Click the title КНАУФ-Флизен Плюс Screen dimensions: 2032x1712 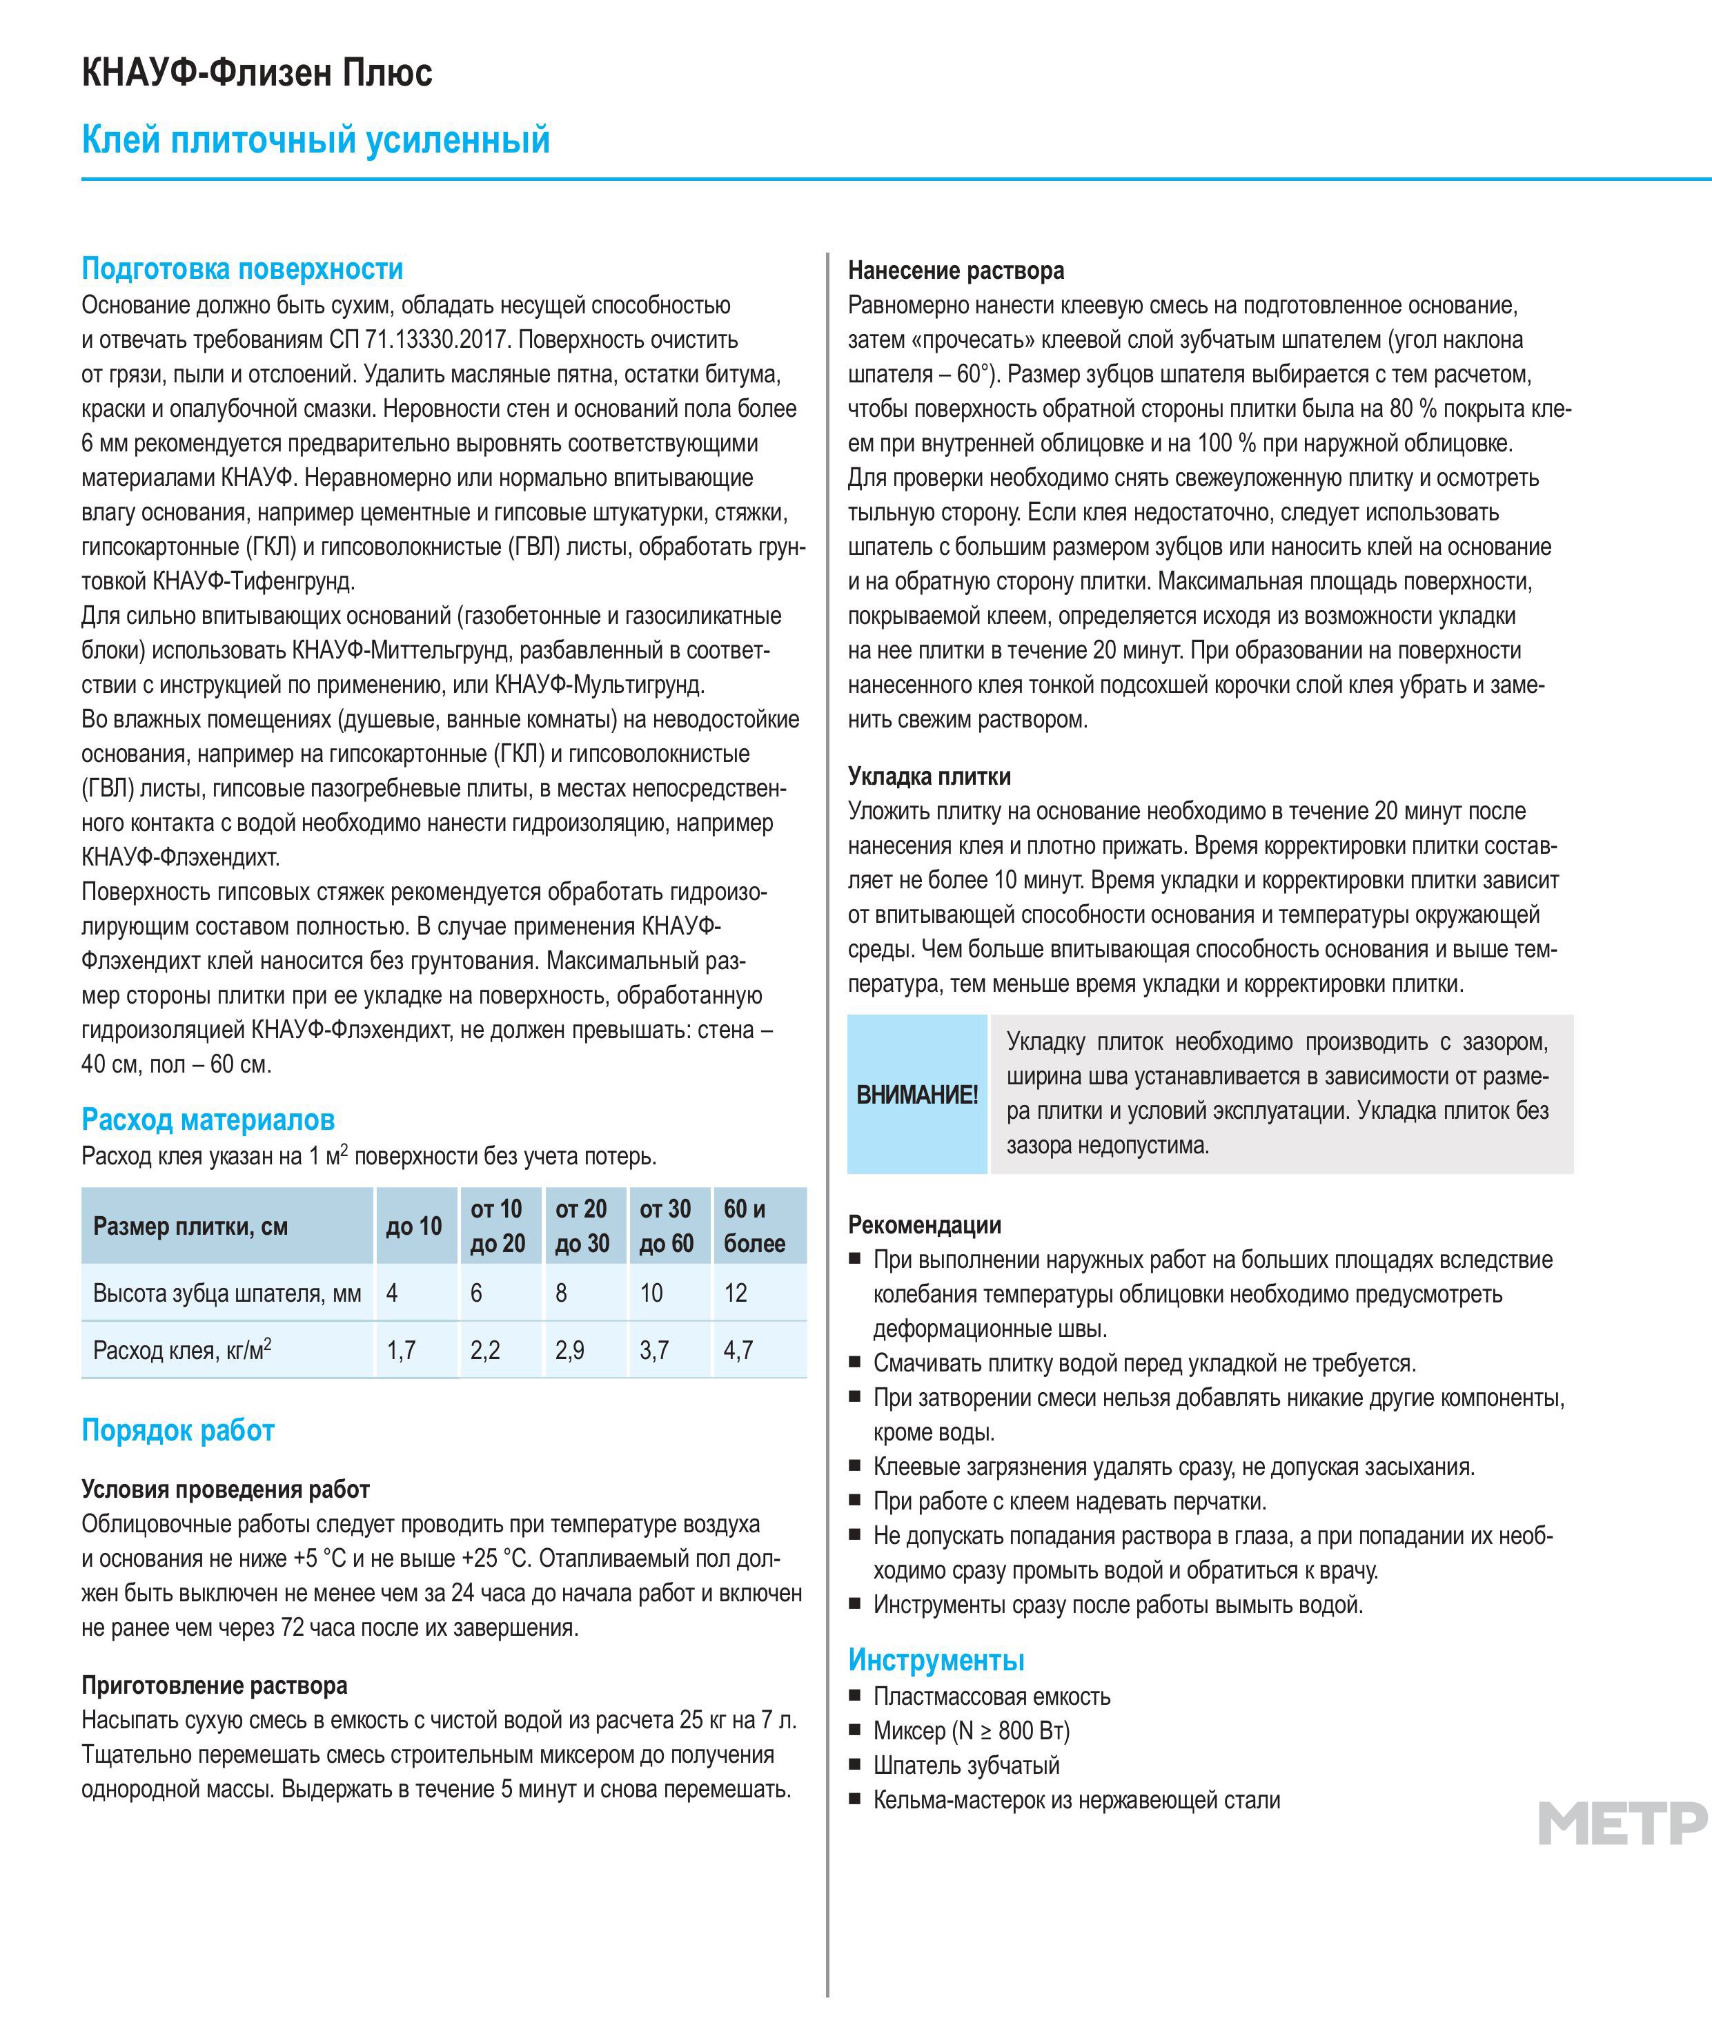pos(257,72)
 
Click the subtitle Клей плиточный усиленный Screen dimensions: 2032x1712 pos(315,140)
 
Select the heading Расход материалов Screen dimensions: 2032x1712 pos(208,1120)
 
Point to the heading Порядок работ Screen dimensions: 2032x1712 pos(177,1430)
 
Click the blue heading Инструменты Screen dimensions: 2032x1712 pos(936,1660)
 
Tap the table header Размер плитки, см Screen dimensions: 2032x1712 pos(190,1227)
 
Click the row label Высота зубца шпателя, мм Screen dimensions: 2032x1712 pos(227,1293)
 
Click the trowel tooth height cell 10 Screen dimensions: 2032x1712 pos(651,1293)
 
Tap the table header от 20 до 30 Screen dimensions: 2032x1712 pos(581,1227)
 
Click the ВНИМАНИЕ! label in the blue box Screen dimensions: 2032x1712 pos(916,1095)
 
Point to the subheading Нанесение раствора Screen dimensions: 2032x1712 pos(955,270)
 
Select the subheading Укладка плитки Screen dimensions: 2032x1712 pos(929,776)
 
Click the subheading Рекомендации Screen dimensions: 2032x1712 pos(924,1225)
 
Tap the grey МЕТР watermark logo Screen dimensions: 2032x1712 pos(1622,1824)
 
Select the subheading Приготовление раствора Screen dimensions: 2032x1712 pos(213,1686)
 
